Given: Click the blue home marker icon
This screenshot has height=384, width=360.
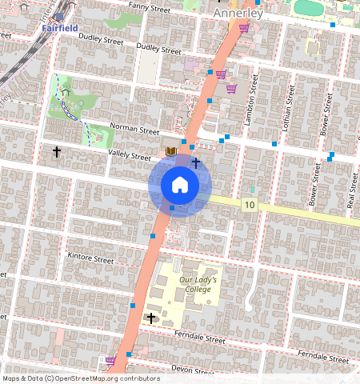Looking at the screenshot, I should pos(180,185).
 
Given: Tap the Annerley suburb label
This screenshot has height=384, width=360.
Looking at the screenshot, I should pos(238,14).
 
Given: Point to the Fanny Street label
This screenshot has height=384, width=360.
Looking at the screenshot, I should pos(144,7).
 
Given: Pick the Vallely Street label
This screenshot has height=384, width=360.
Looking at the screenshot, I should pos(129,158).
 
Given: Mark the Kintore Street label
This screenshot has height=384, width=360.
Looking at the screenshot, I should pos(92,258).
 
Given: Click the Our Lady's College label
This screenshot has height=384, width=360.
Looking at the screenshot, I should pos(197,285).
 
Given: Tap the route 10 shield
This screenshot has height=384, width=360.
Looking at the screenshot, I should pos(250,206).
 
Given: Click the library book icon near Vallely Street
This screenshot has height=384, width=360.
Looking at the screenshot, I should pos(170,150).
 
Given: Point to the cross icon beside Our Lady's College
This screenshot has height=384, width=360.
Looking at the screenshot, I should pos(151,318).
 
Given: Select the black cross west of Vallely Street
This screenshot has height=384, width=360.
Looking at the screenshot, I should pos(57,150).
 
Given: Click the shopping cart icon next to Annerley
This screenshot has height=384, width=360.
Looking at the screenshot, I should pos(244,27).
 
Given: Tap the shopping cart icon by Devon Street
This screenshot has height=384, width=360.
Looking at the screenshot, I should pos(110,361).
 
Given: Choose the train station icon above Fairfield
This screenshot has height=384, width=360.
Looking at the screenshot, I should pos(59,16).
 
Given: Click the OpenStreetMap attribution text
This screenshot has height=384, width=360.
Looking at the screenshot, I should pos(82,378).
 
